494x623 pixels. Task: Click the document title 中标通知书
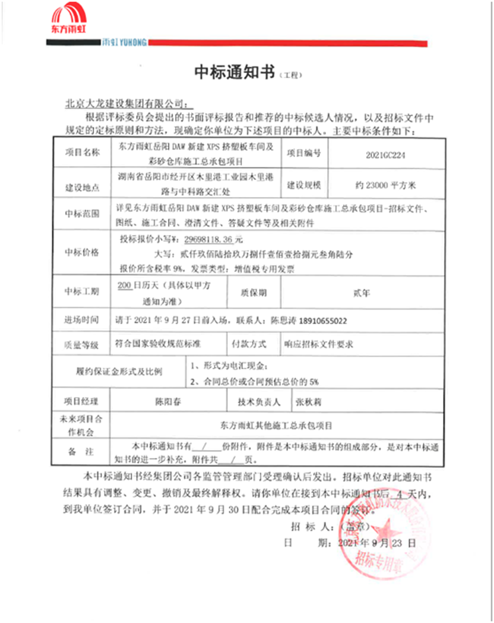click(x=234, y=73)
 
